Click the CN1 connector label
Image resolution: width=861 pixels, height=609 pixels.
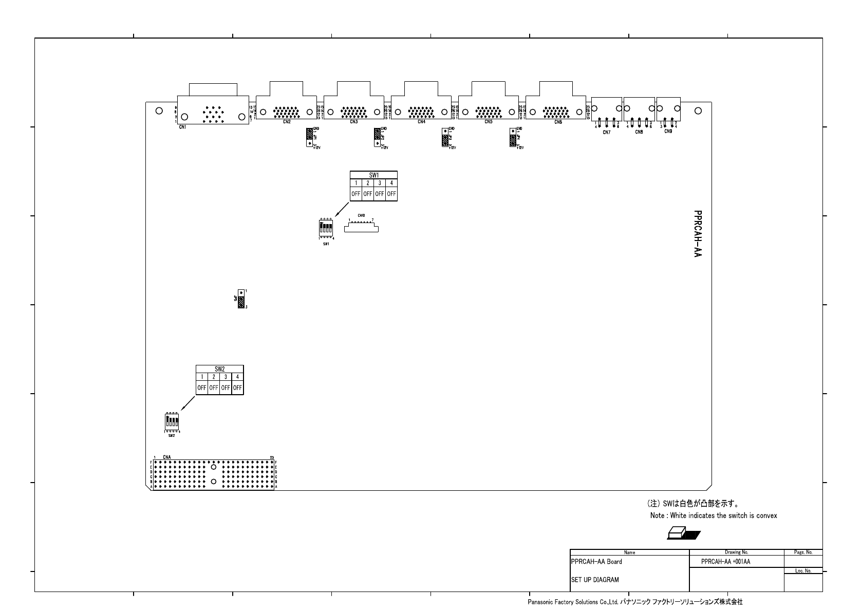182,127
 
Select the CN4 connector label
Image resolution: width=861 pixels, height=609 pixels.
421,122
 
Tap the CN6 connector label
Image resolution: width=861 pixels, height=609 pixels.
558,122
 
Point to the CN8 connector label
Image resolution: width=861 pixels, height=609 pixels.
639,132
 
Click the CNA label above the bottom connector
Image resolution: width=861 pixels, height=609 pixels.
167,457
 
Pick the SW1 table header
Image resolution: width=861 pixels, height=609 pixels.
373,175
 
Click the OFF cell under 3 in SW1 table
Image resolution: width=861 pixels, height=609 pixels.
380,194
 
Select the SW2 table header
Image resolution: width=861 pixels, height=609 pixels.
220,369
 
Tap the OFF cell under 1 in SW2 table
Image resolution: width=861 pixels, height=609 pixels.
202,388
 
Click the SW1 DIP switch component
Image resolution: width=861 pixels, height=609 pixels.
326,228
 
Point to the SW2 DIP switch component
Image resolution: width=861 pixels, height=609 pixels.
172,422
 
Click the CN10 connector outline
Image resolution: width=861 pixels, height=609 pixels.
361,227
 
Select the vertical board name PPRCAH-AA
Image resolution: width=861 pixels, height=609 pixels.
697,233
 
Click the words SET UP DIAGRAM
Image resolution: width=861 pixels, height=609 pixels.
595,580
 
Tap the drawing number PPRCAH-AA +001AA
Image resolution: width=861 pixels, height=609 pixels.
725,562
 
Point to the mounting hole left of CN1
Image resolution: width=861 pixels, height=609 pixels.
159,110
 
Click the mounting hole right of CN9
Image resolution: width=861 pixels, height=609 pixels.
698,110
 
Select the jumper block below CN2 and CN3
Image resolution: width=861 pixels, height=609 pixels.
309,137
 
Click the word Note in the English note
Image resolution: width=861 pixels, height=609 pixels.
657,515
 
